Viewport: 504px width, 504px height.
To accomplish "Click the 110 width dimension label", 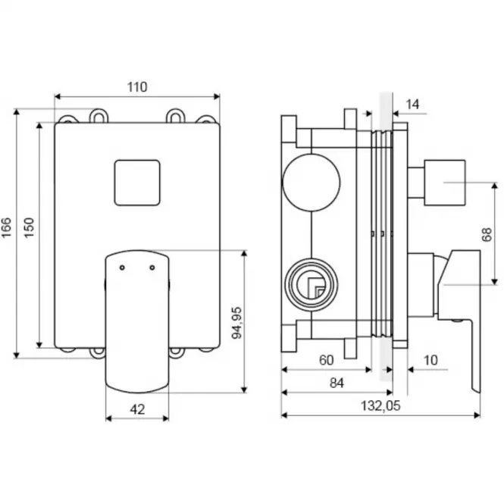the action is [x=137, y=87].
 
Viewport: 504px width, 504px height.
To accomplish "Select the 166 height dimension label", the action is [x=7, y=227].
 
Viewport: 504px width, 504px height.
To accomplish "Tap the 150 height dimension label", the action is [x=29, y=227].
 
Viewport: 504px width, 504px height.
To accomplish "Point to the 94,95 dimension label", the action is [x=237, y=323].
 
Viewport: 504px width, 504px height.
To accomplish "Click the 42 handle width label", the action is [x=138, y=409].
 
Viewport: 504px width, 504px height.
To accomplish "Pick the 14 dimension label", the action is [x=412, y=105].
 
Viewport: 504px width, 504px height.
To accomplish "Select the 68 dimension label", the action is [x=487, y=234].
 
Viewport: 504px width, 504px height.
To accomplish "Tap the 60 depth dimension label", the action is [x=326, y=360].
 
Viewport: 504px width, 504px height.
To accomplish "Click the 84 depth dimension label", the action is [x=337, y=383].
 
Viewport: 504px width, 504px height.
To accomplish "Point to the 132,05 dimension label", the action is [x=380, y=406].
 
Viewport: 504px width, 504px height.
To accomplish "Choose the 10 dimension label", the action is [x=430, y=360].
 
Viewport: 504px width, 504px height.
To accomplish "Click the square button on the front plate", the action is [x=137, y=183].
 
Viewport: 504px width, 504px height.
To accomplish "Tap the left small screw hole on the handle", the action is [x=122, y=268].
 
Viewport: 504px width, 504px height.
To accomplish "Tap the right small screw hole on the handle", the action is [x=152, y=268].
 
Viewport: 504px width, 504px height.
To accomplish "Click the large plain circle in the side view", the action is [x=311, y=183].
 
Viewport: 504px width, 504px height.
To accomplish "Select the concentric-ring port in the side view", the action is [x=311, y=285].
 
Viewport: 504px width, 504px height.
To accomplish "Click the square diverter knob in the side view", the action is [x=445, y=183].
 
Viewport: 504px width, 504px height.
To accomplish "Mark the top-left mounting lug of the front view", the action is [x=67, y=120].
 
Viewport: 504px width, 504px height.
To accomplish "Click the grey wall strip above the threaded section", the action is [x=386, y=111].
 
